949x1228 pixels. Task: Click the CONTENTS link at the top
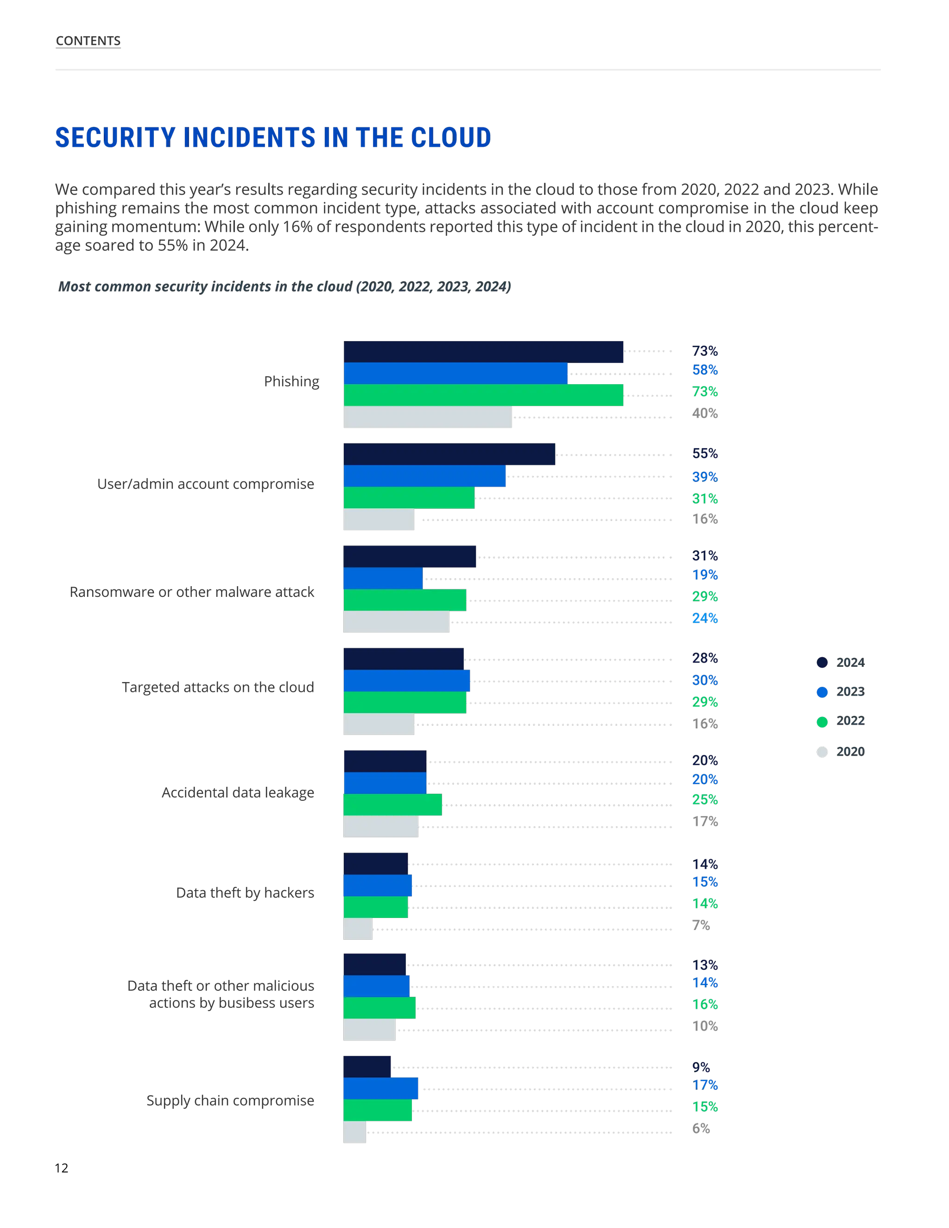pyautogui.click(x=88, y=41)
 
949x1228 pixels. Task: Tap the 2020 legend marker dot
pyautogui.click(x=822, y=752)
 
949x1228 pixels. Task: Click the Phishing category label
pyautogui.click(x=291, y=382)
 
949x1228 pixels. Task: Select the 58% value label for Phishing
pyautogui.click(x=704, y=370)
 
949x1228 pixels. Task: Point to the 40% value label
pyautogui.click(x=704, y=413)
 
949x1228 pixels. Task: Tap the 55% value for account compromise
pyautogui.click(x=704, y=453)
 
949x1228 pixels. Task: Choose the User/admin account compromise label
pyautogui.click(x=205, y=484)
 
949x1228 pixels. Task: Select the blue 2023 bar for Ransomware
pyautogui.click(x=383, y=578)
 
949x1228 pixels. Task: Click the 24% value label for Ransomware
pyautogui.click(x=704, y=619)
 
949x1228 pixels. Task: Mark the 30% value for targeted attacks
pyautogui.click(x=704, y=680)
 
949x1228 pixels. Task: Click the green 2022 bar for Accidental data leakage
pyautogui.click(x=392, y=804)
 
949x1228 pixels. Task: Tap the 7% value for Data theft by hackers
pyautogui.click(x=701, y=925)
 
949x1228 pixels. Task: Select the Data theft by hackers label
pyautogui.click(x=245, y=893)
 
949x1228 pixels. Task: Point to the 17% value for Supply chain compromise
pyautogui.click(x=704, y=1085)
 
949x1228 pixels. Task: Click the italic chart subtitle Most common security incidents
pyautogui.click(x=285, y=287)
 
